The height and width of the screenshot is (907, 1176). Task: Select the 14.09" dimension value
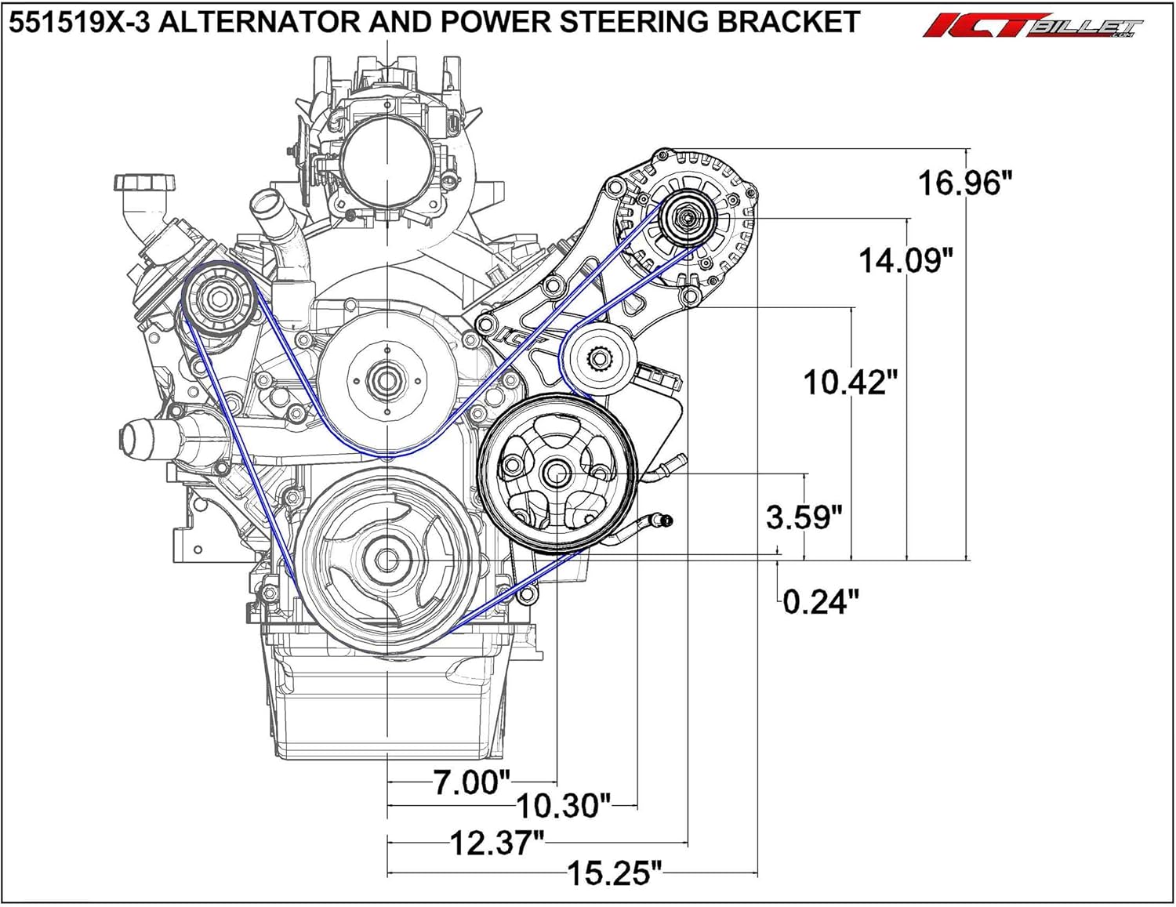[906, 260]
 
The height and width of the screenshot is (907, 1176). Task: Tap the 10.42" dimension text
[850, 382]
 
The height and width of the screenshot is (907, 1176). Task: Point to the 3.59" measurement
[804, 517]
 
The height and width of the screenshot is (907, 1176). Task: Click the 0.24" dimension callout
[821, 602]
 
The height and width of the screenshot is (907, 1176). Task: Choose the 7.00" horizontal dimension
[472, 782]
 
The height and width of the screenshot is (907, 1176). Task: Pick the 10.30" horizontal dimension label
[564, 806]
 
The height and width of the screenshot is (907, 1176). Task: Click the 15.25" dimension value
[615, 874]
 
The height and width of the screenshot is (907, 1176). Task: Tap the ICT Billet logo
[1033, 26]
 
